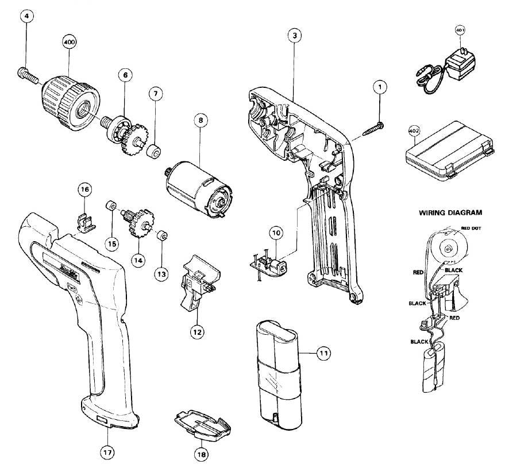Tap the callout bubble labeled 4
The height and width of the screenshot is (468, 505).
(25, 16)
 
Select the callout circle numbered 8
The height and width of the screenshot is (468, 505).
(199, 121)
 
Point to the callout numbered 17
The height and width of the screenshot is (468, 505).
(106, 452)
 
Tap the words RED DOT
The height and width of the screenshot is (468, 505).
(472, 228)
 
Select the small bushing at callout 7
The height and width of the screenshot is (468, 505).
(154, 152)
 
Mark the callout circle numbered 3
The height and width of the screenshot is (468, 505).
(294, 35)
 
